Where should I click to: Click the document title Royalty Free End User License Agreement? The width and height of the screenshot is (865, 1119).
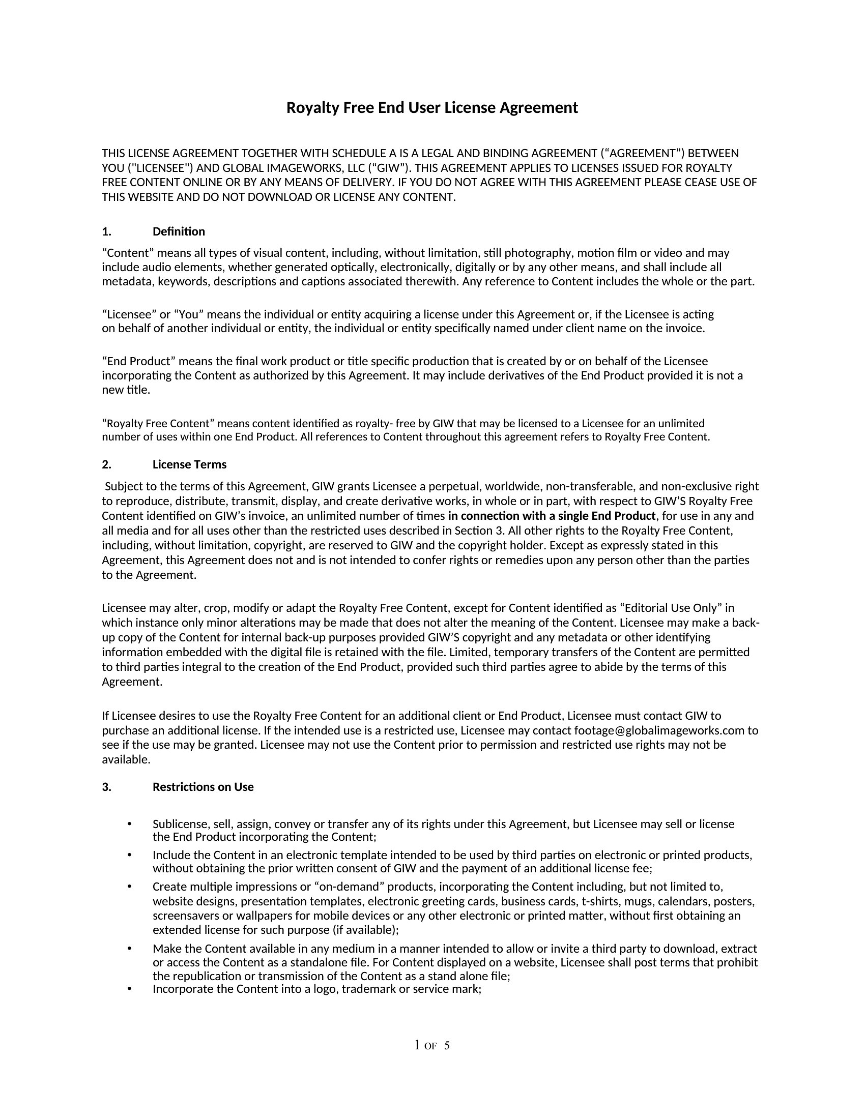(x=431, y=108)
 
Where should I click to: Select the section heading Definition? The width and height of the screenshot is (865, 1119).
(x=178, y=231)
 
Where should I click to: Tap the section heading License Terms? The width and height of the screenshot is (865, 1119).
(x=189, y=465)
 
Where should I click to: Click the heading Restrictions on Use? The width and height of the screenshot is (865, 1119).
(x=203, y=787)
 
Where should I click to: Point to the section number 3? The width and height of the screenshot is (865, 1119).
(x=106, y=787)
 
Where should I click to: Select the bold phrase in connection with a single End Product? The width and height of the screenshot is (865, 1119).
(x=552, y=516)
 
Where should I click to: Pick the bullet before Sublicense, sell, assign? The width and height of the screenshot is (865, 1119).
(x=130, y=824)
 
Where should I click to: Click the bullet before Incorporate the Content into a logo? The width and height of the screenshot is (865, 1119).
(x=130, y=989)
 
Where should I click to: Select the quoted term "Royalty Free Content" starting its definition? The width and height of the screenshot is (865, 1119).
(x=158, y=424)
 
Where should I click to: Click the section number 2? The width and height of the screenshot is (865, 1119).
(x=106, y=465)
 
